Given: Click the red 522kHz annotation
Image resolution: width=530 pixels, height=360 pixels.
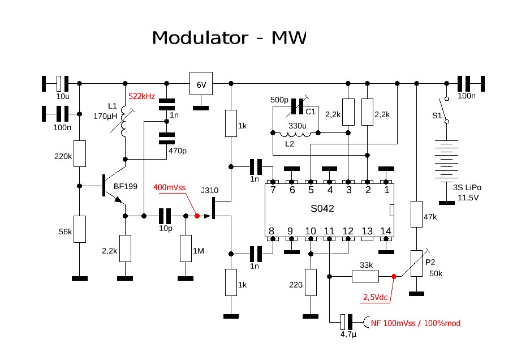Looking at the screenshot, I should click(x=142, y=96).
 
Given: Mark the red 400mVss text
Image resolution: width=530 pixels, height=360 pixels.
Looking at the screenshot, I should click(x=169, y=187).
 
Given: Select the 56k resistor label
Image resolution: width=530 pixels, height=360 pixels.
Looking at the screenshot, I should click(x=66, y=232).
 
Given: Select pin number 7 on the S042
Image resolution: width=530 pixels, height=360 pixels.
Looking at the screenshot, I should click(x=273, y=190).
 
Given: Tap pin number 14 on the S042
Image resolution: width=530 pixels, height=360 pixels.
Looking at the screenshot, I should click(x=386, y=230).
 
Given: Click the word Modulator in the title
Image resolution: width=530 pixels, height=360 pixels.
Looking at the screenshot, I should click(x=199, y=38).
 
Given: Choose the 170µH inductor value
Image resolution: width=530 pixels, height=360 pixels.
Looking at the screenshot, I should click(x=105, y=116).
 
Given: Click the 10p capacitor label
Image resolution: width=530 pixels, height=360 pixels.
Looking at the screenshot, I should click(x=165, y=229).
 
